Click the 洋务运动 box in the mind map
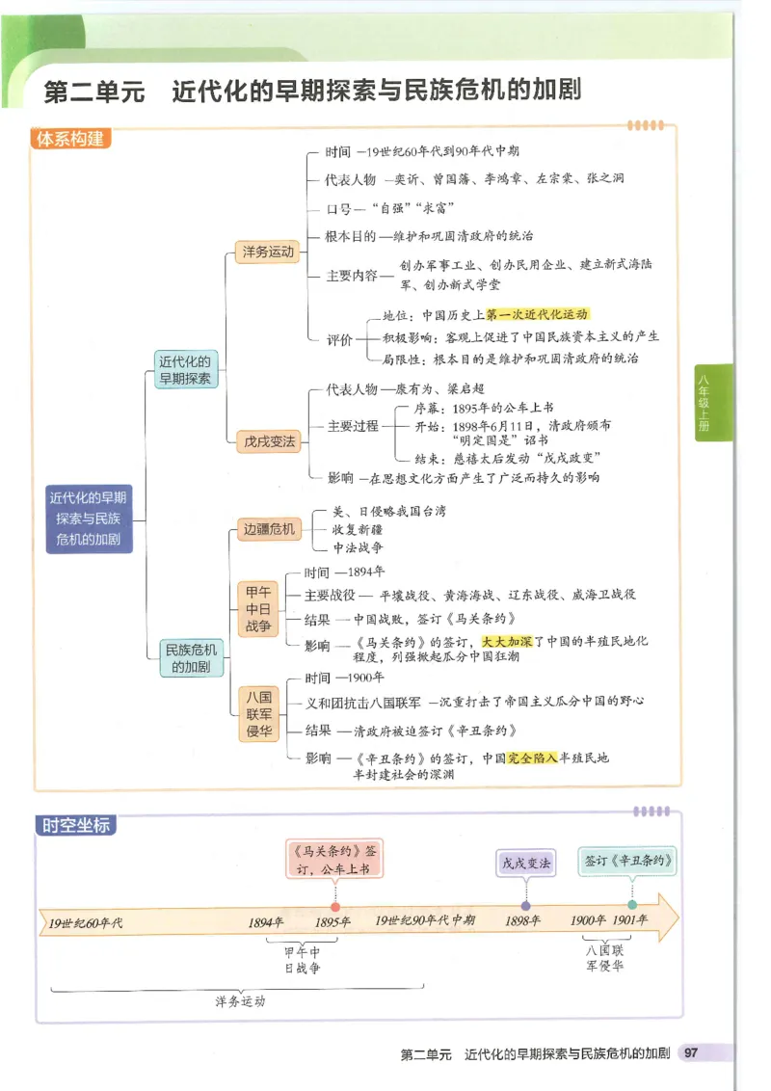(267, 253)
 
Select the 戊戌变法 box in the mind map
(267, 442)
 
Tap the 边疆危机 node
(269, 529)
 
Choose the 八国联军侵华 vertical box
(257, 712)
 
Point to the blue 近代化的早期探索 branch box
(187, 369)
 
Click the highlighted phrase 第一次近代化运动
(537, 314)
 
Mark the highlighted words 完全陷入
(532, 758)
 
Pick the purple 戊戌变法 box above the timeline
(526, 864)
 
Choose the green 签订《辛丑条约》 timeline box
(628, 860)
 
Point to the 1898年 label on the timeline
(523, 921)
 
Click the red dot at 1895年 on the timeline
(334, 906)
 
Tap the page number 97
(690, 1053)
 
